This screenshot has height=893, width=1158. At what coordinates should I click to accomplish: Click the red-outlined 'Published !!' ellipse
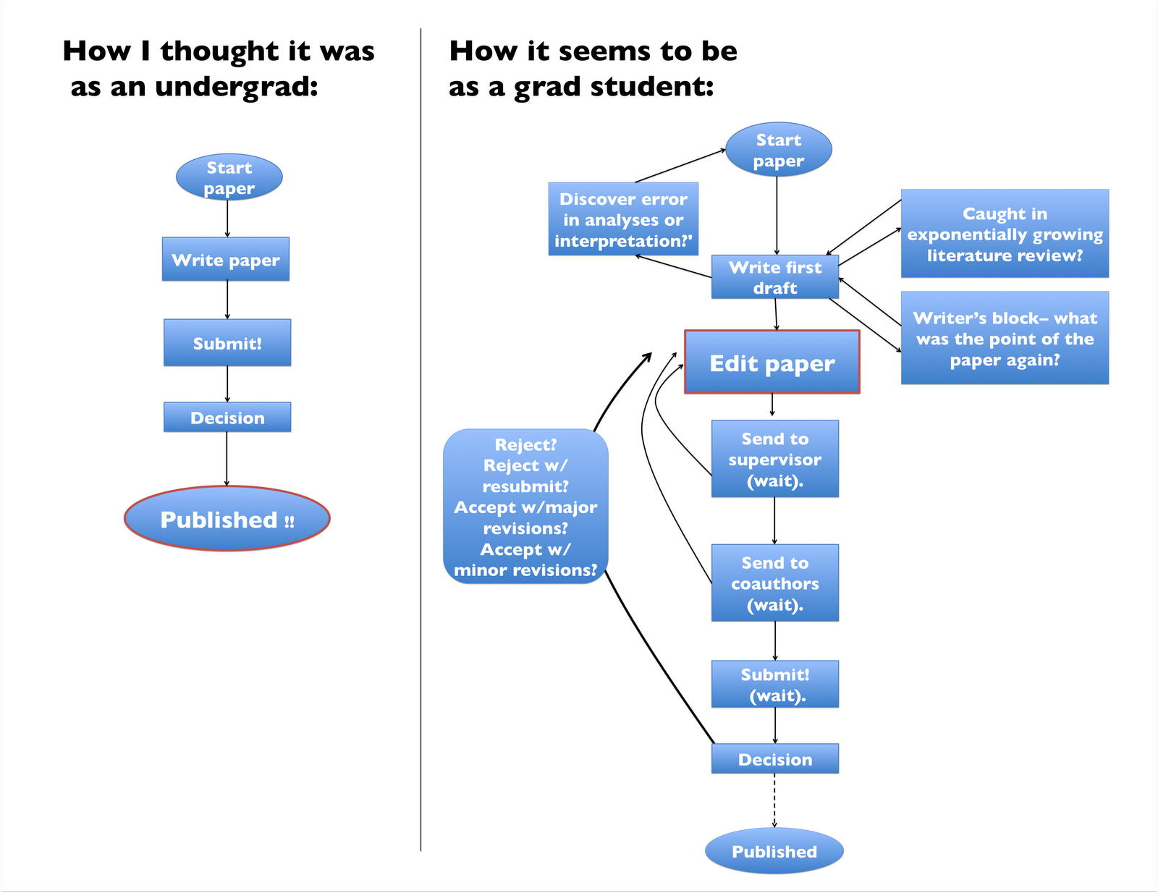(x=227, y=519)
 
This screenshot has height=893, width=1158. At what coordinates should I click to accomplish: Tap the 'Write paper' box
(x=226, y=259)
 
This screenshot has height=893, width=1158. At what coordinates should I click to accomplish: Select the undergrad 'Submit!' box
(x=227, y=342)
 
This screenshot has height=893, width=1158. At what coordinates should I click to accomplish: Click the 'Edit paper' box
(x=772, y=362)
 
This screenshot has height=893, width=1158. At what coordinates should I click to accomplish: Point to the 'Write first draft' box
(x=775, y=277)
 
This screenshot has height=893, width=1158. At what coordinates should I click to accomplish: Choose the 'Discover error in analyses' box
(x=623, y=219)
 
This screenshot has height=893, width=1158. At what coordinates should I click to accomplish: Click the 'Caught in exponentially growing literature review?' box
(x=1005, y=234)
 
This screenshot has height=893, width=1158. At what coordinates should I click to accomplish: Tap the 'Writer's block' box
(x=1005, y=338)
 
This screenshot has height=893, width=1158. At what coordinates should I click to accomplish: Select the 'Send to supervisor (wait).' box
(x=775, y=459)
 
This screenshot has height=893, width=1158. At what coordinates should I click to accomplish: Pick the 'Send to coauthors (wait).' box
(x=775, y=583)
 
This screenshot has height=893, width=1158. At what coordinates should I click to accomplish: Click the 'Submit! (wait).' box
(x=775, y=684)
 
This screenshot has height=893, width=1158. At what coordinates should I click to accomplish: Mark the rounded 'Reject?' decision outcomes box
(x=525, y=507)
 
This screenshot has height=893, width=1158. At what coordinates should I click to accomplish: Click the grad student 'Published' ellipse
(x=774, y=851)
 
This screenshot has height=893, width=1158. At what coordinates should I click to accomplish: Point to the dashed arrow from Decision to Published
(x=774, y=800)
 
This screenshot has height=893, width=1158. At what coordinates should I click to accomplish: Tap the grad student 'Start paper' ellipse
(x=779, y=150)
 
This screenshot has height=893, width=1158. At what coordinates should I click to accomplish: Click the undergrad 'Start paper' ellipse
(x=229, y=177)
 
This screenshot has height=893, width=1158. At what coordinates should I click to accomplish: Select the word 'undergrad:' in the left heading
(x=237, y=87)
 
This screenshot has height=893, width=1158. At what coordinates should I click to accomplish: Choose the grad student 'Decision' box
(x=775, y=759)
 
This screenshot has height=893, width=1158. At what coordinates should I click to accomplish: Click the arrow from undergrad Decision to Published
(x=227, y=459)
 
